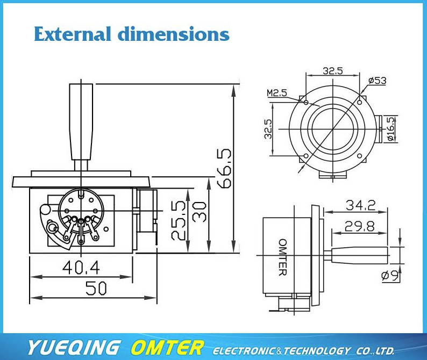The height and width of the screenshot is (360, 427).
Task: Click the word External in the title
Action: (x=72, y=34)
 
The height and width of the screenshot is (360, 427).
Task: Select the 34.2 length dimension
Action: (x=360, y=205)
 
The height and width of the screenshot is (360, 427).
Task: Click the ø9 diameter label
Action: (x=389, y=276)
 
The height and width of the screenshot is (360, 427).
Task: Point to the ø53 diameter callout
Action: (x=377, y=81)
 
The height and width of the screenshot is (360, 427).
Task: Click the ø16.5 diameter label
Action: (x=391, y=129)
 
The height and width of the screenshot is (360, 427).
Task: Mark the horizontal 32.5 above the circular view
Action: (x=332, y=70)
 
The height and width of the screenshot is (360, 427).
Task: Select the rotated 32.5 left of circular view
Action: (x=268, y=129)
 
